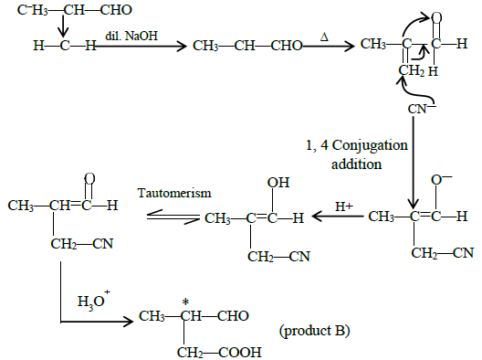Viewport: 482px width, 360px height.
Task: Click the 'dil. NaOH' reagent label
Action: point(131,36)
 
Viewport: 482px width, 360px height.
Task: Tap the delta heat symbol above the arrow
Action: point(324,37)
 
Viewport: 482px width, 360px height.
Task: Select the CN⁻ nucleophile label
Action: point(422,109)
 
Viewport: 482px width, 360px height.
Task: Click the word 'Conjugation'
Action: point(370,145)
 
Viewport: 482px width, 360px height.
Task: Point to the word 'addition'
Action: point(357,164)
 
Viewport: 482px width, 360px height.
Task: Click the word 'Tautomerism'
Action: point(174,193)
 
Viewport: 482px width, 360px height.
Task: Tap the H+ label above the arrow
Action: point(344,206)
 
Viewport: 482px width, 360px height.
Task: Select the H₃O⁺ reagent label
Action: point(93,300)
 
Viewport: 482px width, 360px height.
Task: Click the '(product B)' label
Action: point(314,331)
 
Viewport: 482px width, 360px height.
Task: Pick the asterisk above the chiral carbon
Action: point(185,302)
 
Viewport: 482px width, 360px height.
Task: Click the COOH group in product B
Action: point(240,352)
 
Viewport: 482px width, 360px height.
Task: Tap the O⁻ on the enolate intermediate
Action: point(441,179)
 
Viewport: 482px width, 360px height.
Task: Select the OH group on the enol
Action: point(278,183)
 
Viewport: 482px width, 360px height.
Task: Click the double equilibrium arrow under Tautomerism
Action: point(173,217)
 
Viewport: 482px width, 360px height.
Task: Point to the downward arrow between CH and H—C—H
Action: point(63,26)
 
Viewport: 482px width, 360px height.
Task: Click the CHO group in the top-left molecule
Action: point(116,10)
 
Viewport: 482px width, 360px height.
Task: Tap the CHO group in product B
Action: point(233,316)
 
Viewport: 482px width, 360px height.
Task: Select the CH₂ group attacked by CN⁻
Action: point(412,70)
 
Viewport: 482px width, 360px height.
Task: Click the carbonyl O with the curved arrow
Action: point(436,18)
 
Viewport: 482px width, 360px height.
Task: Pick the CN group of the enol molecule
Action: point(299,257)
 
